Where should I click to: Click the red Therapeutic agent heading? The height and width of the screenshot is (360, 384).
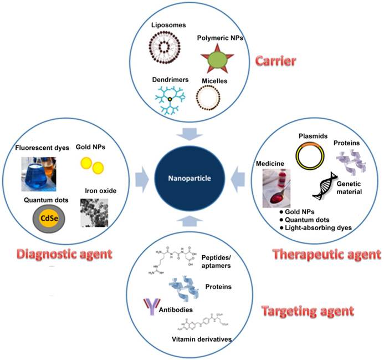coord(327,255)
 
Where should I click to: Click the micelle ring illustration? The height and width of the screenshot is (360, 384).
coord(213,99)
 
